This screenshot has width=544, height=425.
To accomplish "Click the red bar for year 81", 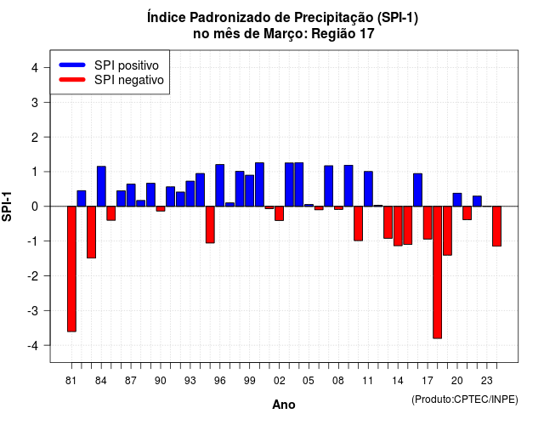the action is pyautogui.click(x=71, y=269).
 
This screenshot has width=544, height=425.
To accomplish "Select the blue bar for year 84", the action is pyautogui.click(x=101, y=186).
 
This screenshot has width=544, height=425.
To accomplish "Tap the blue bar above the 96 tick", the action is pyautogui.click(x=220, y=185).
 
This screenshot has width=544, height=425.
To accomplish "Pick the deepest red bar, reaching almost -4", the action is pyautogui.click(x=438, y=272).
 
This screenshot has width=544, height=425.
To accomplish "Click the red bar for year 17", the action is pyautogui.click(x=428, y=223).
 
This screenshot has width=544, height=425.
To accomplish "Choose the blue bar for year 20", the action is pyautogui.click(x=457, y=200).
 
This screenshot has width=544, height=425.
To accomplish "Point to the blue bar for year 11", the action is pyautogui.click(x=368, y=189).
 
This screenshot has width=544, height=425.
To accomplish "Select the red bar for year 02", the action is pyautogui.click(x=280, y=213).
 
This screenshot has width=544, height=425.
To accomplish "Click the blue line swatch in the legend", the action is pyautogui.click(x=72, y=65).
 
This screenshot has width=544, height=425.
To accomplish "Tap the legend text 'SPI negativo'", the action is pyautogui.click(x=129, y=80).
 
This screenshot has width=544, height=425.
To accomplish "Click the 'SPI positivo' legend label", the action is pyautogui.click(x=127, y=65).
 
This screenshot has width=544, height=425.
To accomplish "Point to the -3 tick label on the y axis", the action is pyautogui.click(x=32, y=310).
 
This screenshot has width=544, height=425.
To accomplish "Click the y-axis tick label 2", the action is pyautogui.click(x=35, y=138).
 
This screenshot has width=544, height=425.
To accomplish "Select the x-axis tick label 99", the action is pyautogui.click(x=249, y=381).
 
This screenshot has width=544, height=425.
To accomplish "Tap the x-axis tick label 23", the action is pyautogui.click(x=487, y=381).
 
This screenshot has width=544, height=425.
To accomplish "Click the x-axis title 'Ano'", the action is pyautogui.click(x=284, y=405).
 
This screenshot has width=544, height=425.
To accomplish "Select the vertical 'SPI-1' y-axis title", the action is pyautogui.click(x=7, y=207).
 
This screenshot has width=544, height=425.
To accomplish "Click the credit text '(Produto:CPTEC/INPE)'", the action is pyautogui.click(x=465, y=399).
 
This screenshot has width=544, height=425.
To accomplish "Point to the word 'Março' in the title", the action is pyautogui.click(x=286, y=34).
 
